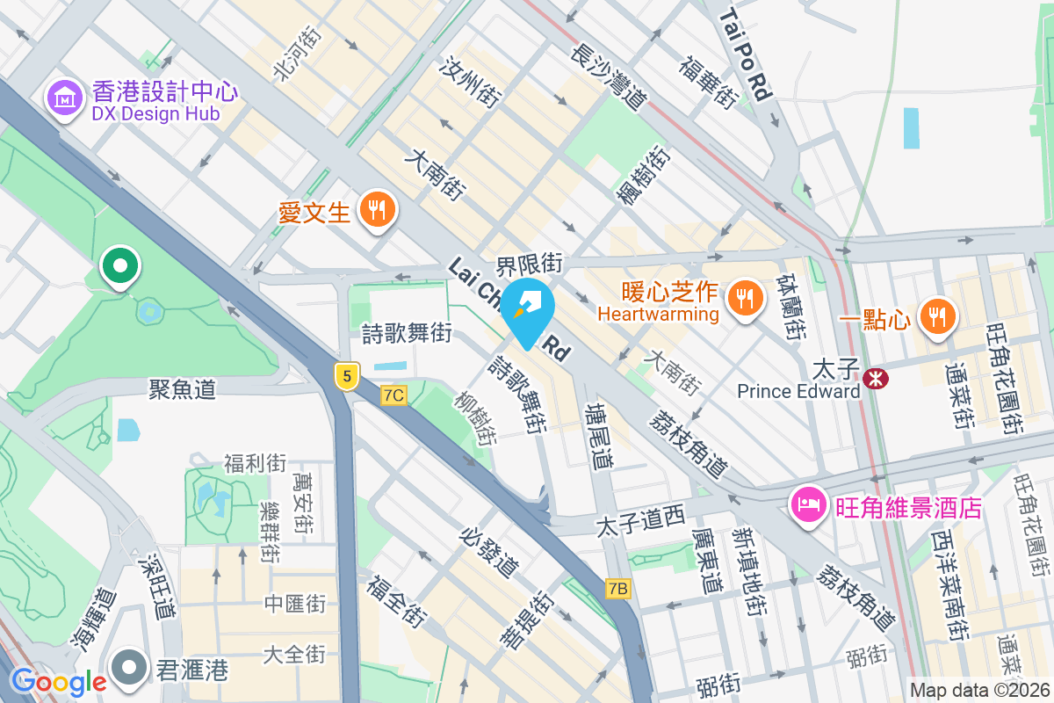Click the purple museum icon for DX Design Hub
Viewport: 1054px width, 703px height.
(x=64, y=98)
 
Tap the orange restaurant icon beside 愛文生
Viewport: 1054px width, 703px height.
(x=378, y=210)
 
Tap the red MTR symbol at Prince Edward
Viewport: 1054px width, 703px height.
(x=875, y=378)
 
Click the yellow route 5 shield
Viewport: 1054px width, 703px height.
(x=348, y=377)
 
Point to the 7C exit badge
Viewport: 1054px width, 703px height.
(x=393, y=395)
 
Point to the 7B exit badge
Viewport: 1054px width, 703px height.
(x=618, y=588)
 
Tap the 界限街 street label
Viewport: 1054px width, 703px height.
(x=529, y=263)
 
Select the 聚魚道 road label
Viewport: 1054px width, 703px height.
(x=182, y=388)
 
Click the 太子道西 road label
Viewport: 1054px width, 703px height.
(x=639, y=524)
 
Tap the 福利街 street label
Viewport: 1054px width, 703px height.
(x=255, y=462)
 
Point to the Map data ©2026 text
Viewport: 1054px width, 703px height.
(x=978, y=691)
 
